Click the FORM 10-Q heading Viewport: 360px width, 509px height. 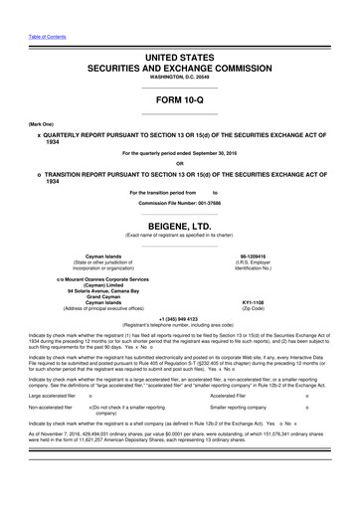pos(179,101)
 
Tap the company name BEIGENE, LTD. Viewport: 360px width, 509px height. pos(179,226)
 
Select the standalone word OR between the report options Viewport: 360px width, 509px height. pos(179,164)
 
